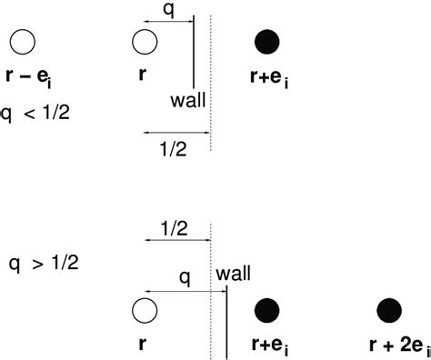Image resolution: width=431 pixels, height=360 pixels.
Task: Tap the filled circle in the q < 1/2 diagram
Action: coord(267,41)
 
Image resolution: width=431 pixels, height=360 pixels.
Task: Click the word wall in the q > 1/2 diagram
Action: coord(233,272)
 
